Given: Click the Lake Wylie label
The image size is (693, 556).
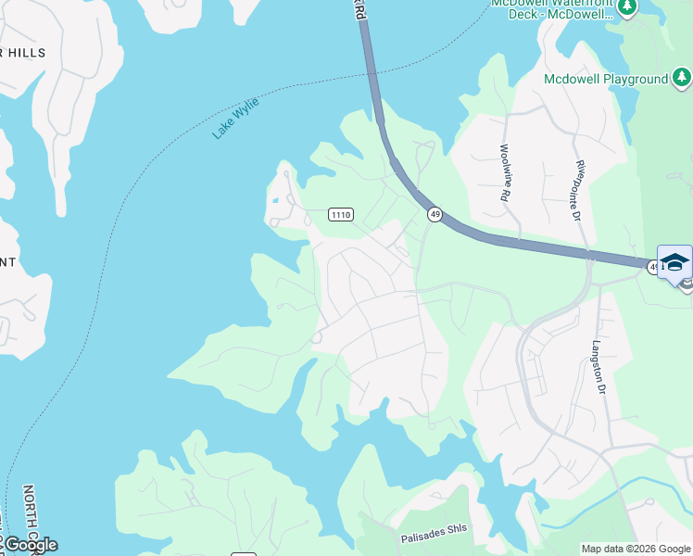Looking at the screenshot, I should pyautogui.click(x=235, y=118).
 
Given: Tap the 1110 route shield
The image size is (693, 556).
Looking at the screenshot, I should pyautogui.click(x=341, y=214).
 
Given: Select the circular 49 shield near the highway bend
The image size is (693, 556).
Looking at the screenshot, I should pyautogui.click(x=435, y=214).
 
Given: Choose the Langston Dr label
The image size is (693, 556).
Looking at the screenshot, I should pyautogui.click(x=598, y=368).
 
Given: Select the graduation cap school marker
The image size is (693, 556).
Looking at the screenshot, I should pyautogui.click(x=674, y=261).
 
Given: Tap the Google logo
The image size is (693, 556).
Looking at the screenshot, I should pyautogui.click(x=31, y=545).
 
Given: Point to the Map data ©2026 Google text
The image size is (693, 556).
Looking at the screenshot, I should pyautogui.click(x=636, y=549).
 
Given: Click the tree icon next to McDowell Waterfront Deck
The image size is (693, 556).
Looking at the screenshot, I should pyautogui.click(x=627, y=6).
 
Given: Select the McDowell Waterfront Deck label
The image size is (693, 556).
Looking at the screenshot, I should pyautogui.click(x=552, y=9).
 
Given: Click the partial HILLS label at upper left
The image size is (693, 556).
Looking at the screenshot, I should pyautogui.click(x=22, y=54).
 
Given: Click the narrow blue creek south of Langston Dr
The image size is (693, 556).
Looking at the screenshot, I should pyautogui.click(x=611, y=495).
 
